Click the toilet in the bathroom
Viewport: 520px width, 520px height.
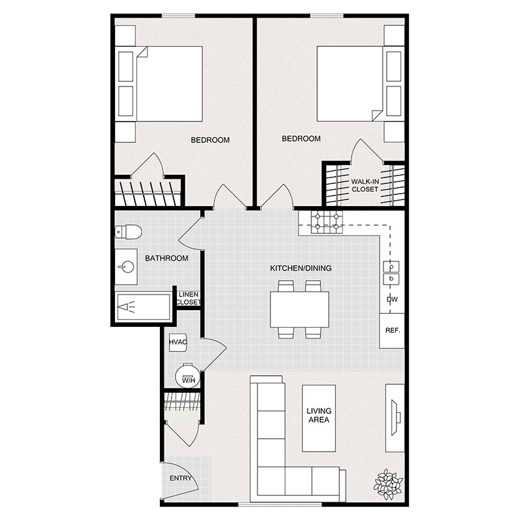(x=125, y=232)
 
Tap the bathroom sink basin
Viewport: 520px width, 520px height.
(x=127, y=266)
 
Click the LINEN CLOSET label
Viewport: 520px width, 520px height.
(x=189, y=298)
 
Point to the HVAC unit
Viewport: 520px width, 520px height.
(x=178, y=342)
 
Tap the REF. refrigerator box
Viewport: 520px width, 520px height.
(x=392, y=330)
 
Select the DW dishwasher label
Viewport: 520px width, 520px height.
(x=392, y=300)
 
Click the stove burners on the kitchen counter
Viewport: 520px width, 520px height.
(x=326, y=223)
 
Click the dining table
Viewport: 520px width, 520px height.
(x=300, y=309)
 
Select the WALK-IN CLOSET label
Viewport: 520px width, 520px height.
(x=365, y=185)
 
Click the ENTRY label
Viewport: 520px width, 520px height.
(x=180, y=478)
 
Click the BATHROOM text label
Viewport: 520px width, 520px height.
(x=166, y=258)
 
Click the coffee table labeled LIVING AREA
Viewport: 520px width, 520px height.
(x=319, y=416)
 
